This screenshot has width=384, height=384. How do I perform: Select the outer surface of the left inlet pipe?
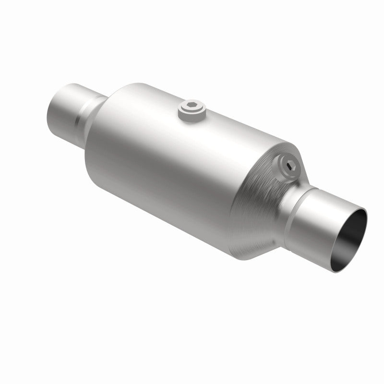pyautogui.click(x=62, y=110)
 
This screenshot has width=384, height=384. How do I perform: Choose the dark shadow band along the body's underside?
pyautogui.click(x=158, y=211)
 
